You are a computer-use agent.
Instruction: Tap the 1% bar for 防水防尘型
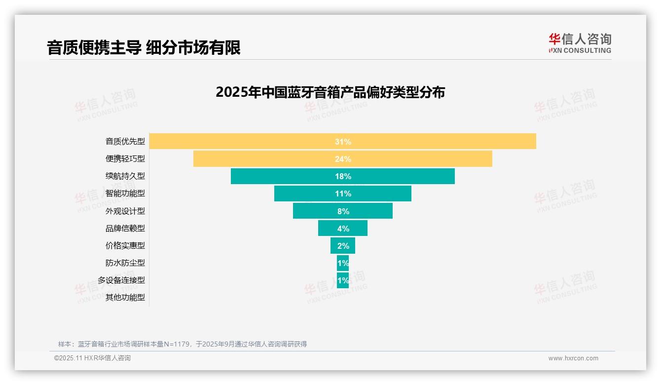[343, 263]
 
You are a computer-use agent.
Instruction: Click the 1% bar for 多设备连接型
[343, 280]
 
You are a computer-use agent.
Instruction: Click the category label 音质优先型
[125, 142]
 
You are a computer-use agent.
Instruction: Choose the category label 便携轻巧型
[125, 159]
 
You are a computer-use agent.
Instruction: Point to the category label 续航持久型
[125, 176]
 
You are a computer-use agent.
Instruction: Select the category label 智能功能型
[125, 193]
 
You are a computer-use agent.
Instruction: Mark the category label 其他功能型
[125, 298]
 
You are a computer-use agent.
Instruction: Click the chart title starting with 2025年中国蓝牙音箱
[330, 92]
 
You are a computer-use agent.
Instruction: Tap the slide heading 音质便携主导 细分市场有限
[144, 47]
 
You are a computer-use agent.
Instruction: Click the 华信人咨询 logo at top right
[580, 43]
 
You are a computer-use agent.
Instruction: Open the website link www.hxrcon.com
[573, 358]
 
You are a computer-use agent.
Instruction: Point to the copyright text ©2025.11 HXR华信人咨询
[92, 358]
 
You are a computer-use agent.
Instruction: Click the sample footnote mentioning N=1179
[183, 344]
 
